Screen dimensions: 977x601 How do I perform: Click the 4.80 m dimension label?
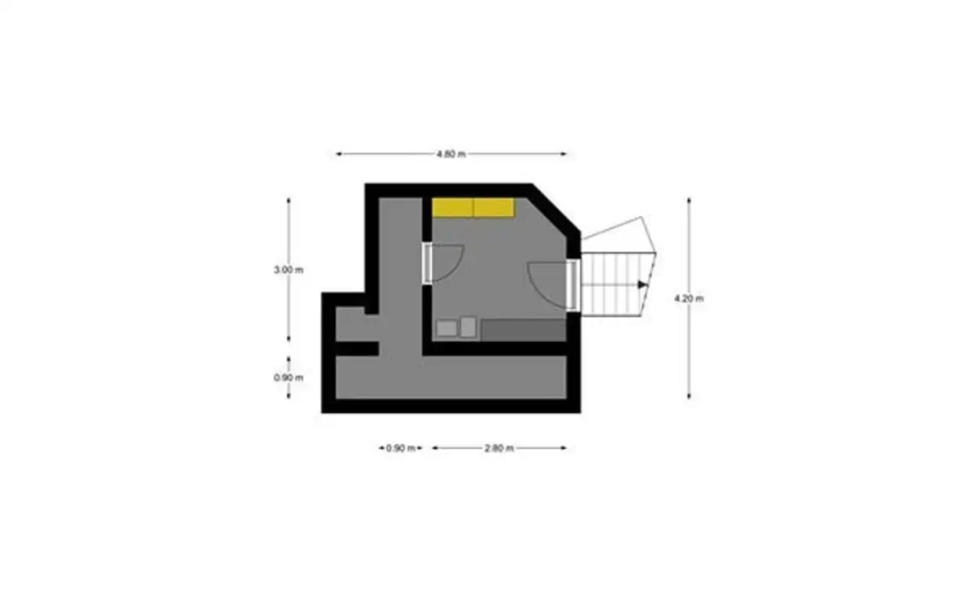tap(451, 154)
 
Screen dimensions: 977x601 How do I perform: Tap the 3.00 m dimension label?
tap(288, 270)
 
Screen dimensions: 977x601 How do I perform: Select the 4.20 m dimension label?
tap(689, 299)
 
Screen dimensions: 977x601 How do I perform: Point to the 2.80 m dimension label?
tap(499, 448)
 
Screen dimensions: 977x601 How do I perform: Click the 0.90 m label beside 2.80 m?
tap(400, 448)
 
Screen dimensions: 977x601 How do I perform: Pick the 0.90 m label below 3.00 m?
tap(288, 378)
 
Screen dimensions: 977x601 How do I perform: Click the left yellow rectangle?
tap(452, 207)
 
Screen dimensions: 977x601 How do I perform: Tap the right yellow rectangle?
tap(494, 207)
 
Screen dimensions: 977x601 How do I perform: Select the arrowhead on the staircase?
tap(643, 285)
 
